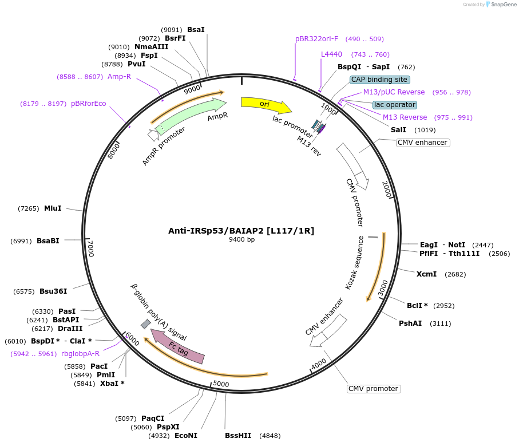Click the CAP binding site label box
click(379, 80)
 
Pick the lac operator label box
click(395, 105)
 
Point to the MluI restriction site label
click(53, 208)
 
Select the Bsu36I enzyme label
click(53, 291)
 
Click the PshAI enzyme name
click(410, 323)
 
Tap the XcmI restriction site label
click(427, 274)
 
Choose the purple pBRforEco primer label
click(89, 104)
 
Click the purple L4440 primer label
click(331, 54)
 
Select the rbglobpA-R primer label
click(80, 354)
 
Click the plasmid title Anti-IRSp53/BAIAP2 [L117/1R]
click(241, 231)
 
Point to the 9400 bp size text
click(241, 240)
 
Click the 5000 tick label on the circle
click(221, 384)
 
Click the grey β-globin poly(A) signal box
click(146, 324)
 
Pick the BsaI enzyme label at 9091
click(196, 29)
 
